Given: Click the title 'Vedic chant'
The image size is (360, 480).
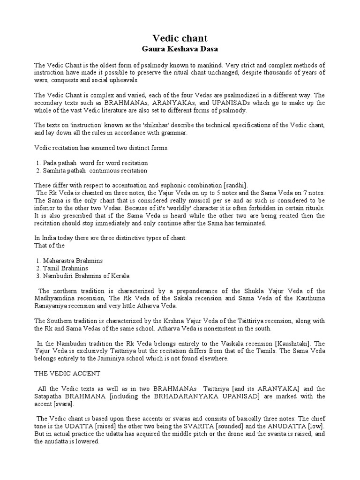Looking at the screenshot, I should coord(180,38).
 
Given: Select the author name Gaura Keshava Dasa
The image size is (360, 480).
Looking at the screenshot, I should coord(180,48).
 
